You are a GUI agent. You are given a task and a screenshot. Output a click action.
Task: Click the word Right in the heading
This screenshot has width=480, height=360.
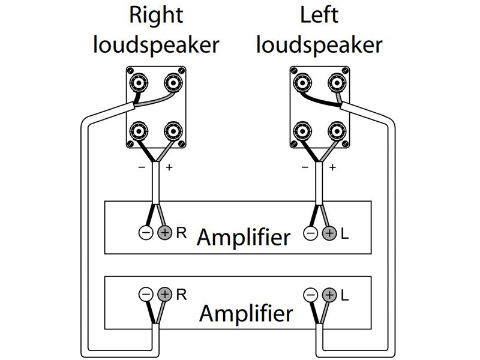tap(155, 16)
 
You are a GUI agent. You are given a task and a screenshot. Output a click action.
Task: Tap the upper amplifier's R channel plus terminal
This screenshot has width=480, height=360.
tap(164, 233)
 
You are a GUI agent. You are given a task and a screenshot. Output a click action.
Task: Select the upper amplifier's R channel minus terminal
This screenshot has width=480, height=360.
tap(146, 233)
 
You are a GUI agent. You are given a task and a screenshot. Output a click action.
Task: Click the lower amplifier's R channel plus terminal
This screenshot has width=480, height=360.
tap(164, 295)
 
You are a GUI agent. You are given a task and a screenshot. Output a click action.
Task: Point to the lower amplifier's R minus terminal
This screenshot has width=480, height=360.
tap(146, 295)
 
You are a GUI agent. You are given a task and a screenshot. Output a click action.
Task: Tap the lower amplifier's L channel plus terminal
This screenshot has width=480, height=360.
tap(328, 295)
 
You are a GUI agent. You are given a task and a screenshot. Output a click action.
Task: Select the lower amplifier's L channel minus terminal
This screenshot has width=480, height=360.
tap(310, 295)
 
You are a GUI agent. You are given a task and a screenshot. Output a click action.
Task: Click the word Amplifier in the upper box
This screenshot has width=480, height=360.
tap(243, 238)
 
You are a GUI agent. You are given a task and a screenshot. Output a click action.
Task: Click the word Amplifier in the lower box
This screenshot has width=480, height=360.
tap(246, 313)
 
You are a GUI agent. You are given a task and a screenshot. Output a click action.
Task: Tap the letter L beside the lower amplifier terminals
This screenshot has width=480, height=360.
tap(344, 295)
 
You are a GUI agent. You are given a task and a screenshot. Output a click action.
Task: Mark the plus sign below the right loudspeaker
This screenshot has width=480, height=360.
tap(169, 167)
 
